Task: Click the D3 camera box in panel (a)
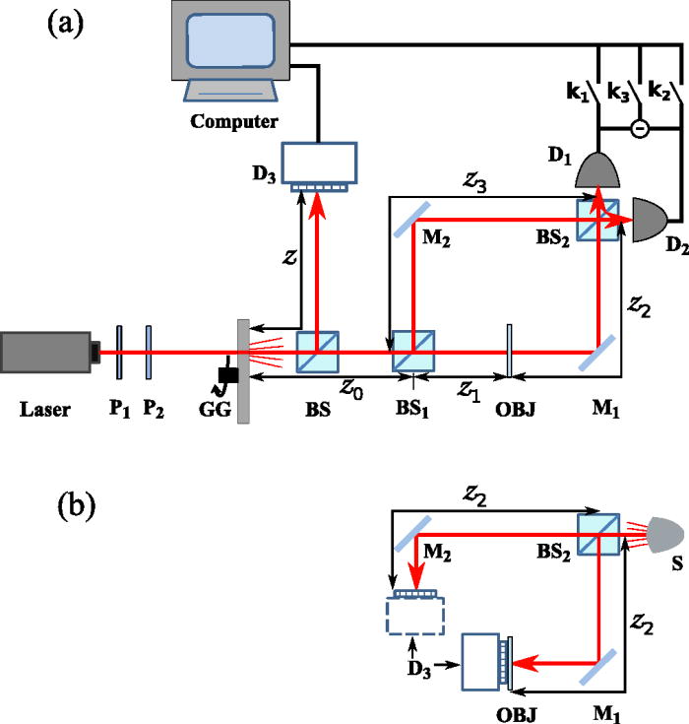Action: pyautogui.click(x=319, y=163)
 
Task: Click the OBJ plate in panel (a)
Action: pyautogui.click(x=509, y=351)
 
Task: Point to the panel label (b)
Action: pyautogui.click(x=77, y=506)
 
